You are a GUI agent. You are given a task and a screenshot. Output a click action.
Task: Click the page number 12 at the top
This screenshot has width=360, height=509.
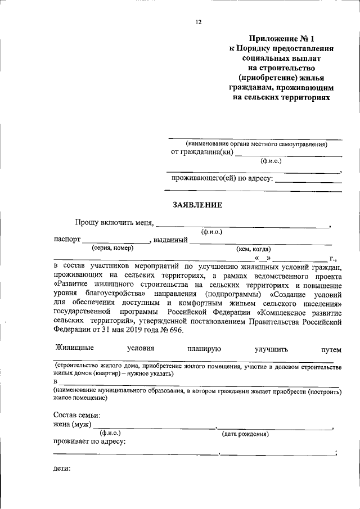[x=199, y=22]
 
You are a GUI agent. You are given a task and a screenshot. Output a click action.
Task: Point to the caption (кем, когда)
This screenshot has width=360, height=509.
[x=253, y=249]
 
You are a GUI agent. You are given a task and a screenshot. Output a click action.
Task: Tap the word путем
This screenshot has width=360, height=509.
[x=331, y=349]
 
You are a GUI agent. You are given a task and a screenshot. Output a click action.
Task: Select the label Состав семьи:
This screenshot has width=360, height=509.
[x=76, y=415]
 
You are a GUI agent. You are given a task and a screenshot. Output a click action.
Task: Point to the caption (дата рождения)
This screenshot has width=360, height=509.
[x=245, y=434]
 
